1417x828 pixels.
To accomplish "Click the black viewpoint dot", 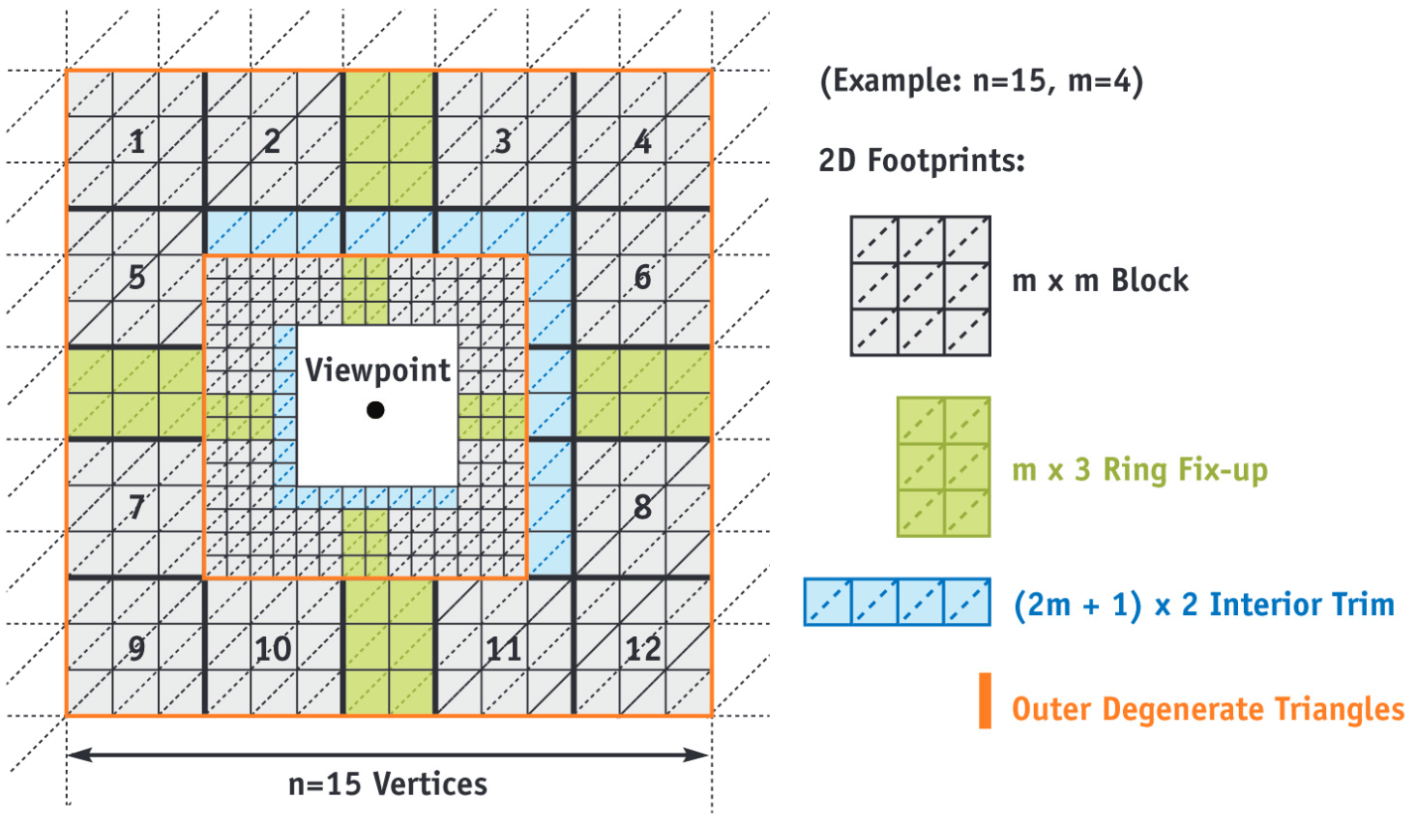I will coord(376,410).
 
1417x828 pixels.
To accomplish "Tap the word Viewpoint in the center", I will coord(377,370).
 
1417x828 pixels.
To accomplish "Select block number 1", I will coord(137,141).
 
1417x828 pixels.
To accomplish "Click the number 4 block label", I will coord(642,141).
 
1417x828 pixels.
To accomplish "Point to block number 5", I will coord(136,278).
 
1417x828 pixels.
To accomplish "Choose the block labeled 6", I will coord(642,278).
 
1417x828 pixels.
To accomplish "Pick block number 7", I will coord(136,506).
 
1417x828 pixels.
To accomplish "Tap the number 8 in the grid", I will coord(642,506).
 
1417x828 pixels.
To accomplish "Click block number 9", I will coord(136,648).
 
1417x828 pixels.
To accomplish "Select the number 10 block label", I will coord(273,648).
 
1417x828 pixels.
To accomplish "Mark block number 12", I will coord(642,648).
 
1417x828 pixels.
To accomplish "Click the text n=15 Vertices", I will coord(388,784).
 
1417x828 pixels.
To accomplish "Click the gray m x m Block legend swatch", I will coord(920,286).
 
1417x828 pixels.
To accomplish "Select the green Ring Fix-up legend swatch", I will coord(943,466).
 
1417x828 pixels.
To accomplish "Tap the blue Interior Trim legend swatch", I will coord(898,602).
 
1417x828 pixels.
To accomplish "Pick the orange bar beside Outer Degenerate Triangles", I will coord(985,700).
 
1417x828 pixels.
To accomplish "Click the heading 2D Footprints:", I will coord(921,160).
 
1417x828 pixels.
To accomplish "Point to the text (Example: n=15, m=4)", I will coord(981,80).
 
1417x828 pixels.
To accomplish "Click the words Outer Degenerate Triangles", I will coord(1207,709).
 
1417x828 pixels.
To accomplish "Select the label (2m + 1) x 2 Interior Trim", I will coord(1203,605).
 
